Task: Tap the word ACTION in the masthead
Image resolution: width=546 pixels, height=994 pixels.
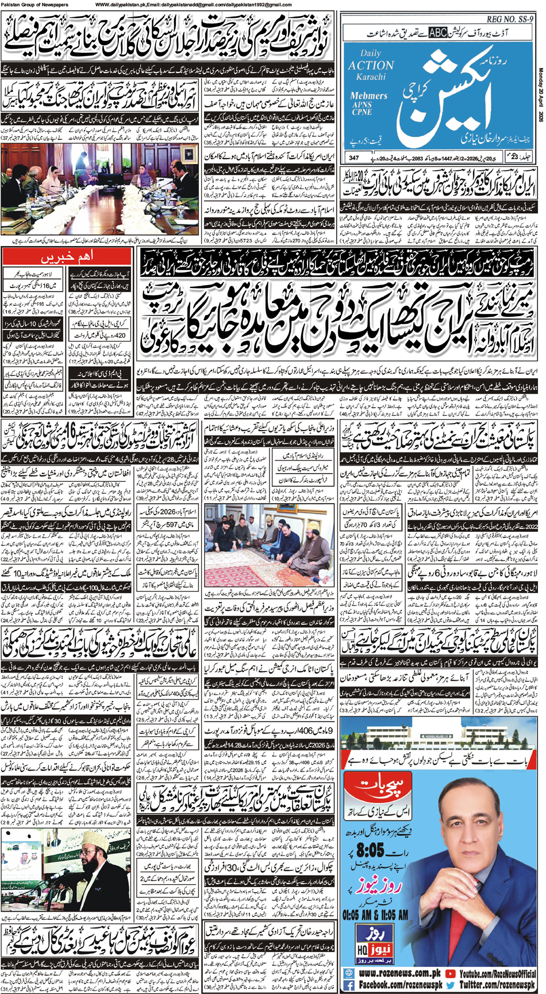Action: [x=371, y=65]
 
